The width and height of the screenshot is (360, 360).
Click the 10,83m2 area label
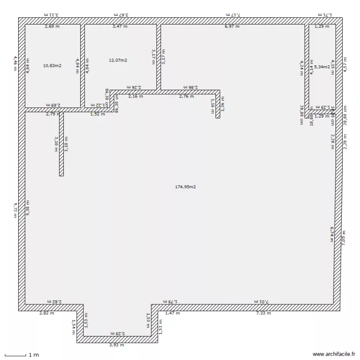tap(52, 65)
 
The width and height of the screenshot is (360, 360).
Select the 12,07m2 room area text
tap(118, 60)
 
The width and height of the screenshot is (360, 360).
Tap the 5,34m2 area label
tap(322, 67)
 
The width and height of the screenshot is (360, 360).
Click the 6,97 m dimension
tap(232, 26)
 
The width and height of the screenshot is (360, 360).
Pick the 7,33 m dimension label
tap(263, 313)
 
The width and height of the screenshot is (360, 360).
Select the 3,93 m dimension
tap(117, 345)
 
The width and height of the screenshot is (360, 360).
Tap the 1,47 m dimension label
tap(172, 313)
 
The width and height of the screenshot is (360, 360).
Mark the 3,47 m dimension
tap(120, 26)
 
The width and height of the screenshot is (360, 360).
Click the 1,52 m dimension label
tap(98, 114)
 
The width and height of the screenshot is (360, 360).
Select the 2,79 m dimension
tap(53, 114)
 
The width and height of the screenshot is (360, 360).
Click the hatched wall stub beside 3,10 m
tap(61, 144)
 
